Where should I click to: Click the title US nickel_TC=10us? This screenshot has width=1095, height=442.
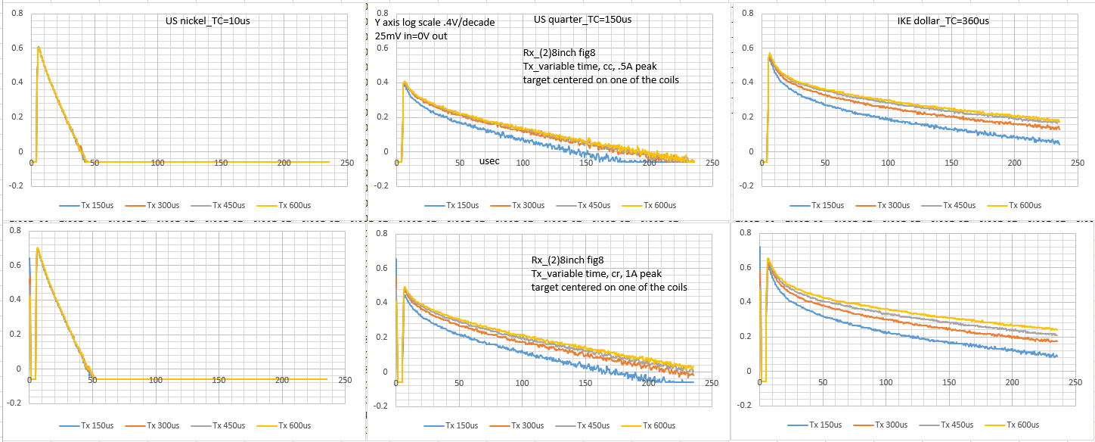pyautogui.click(x=208, y=20)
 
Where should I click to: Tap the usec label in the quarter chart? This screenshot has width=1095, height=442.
pyautogui.click(x=489, y=160)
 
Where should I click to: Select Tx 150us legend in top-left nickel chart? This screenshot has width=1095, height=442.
pyautogui.click(x=86, y=205)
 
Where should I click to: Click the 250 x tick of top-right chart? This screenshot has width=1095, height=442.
pyautogui.click(x=1078, y=163)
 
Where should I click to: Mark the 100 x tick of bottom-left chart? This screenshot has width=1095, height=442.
pyautogui.click(x=155, y=380)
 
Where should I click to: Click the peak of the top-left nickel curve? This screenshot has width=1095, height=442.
pyautogui.click(x=39, y=48)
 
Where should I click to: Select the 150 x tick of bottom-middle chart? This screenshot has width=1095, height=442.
pyautogui.click(x=585, y=383)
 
